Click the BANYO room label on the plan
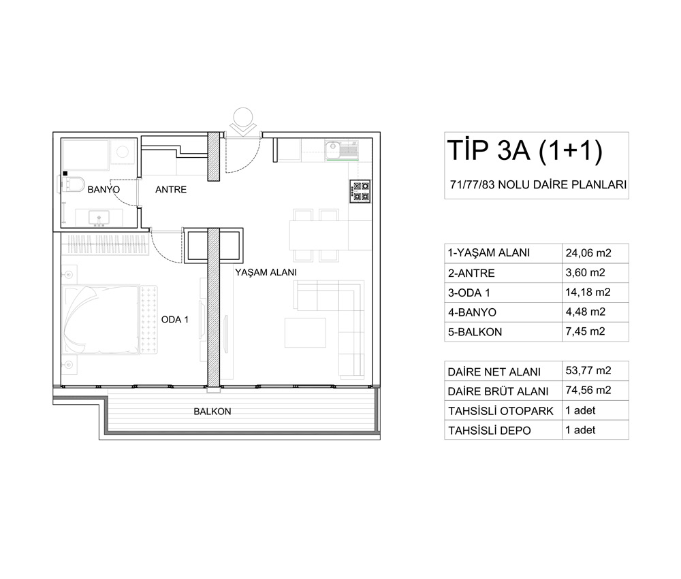point(104,190)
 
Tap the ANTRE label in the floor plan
point(171,190)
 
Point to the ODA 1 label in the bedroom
point(174,320)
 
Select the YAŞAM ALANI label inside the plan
point(266,272)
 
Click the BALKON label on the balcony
point(212,412)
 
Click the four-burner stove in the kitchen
point(360,191)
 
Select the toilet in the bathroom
point(73,184)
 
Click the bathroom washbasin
point(99,218)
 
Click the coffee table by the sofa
point(305,333)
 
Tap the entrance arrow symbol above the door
point(243,120)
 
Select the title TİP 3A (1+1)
point(525,150)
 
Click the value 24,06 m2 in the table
point(588,253)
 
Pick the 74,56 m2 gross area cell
point(588,391)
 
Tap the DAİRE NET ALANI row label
point(494,371)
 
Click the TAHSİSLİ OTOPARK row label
point(501,411)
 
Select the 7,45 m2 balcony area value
point(585,331)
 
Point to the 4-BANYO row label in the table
point(472,312)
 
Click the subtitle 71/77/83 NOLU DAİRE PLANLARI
point(539,185)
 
